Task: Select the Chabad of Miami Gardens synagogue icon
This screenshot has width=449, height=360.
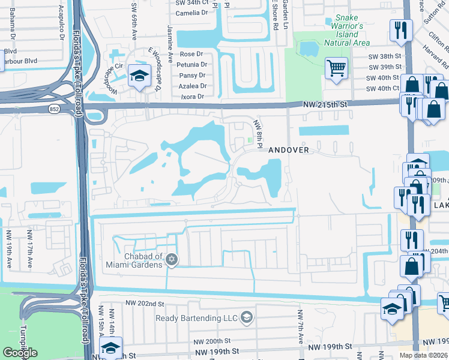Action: pyautogui.click(x=172, y=259)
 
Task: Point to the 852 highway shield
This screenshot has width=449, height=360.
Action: pyautogui.click(x=53, y=109)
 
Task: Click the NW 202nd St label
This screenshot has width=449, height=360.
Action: pyautogui.click(x=144, y=305)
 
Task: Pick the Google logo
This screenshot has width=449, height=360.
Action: pyautogui.click(x=20, y=352)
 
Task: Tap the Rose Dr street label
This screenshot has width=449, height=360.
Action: pyautogui.click(x=192, y=54)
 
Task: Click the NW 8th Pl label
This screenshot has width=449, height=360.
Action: pyautogui.click(x=258, y=133)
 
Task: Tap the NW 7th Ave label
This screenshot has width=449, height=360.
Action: pyautogui.click(x=299, y=324)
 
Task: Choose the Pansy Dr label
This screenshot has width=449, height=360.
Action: pyautogui.click(x=193, y=76)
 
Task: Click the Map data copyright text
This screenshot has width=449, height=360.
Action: pyautogui.click(x=424, y=355)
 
